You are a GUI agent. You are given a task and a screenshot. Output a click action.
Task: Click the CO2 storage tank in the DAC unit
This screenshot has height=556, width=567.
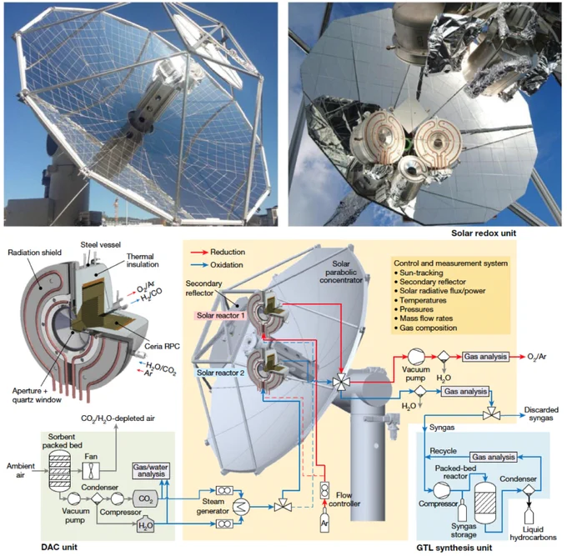[x=145, y=498]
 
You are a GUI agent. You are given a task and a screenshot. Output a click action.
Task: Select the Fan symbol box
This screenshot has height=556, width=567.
[x=91, y=471]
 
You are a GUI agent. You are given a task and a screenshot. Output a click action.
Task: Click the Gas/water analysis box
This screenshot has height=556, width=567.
[x=151, y=471]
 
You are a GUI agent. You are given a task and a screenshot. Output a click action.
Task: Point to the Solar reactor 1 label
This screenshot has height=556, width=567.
[x=221, y=315]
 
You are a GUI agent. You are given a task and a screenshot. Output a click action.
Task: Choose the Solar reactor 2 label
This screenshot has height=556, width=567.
[x=221, y=373]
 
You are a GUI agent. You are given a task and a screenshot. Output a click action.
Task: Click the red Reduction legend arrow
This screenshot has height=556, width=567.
[x=199, y=253]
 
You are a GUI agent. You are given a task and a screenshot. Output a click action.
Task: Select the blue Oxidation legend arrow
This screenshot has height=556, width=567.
[x=199, y=265]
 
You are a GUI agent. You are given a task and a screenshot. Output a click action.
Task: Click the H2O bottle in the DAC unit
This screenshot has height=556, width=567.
[x=146, y=524]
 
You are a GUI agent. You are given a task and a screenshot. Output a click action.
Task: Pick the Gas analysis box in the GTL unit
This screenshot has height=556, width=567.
[x=494, y=457]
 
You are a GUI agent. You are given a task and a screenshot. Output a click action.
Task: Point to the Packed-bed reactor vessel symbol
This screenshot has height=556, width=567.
[x=484, y=503]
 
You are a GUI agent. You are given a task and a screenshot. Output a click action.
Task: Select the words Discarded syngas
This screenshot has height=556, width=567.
[x=541, y=414]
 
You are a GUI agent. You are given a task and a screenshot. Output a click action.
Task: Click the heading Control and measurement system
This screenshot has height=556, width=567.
[x=450, y=263]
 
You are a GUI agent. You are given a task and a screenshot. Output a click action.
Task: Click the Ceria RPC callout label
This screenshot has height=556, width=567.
[x=162, y=346]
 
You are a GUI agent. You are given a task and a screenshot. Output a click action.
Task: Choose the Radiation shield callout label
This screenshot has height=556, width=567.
[x=35, y=253]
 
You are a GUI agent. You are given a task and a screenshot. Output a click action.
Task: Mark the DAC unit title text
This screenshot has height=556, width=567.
[x=59, y=547]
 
